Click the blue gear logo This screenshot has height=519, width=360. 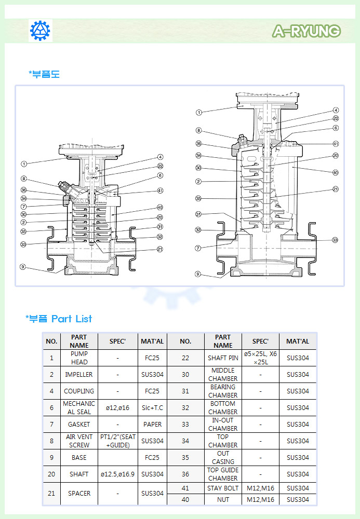[40, 31]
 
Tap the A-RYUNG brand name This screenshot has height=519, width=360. [306, 31]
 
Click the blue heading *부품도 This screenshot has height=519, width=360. [44, 74]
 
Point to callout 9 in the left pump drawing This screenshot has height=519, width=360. [23, 267]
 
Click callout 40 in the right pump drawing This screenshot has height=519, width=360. [336, 172]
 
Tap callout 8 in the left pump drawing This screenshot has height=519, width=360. [23, 179]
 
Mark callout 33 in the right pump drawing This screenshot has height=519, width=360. [336, 240]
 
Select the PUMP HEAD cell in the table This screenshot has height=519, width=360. [79, 358]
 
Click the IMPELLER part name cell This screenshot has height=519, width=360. [79, 374]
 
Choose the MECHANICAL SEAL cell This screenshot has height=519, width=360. [79, 407]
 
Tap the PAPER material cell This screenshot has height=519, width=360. [152, 424]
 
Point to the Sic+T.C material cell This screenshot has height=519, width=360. [152, 407]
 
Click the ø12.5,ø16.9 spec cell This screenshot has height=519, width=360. [117, 474]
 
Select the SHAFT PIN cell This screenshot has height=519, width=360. [223, 358]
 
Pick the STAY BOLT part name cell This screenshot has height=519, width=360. [223, 488]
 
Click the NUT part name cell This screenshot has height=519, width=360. [223, 499]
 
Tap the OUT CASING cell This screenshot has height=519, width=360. [223, 457]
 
